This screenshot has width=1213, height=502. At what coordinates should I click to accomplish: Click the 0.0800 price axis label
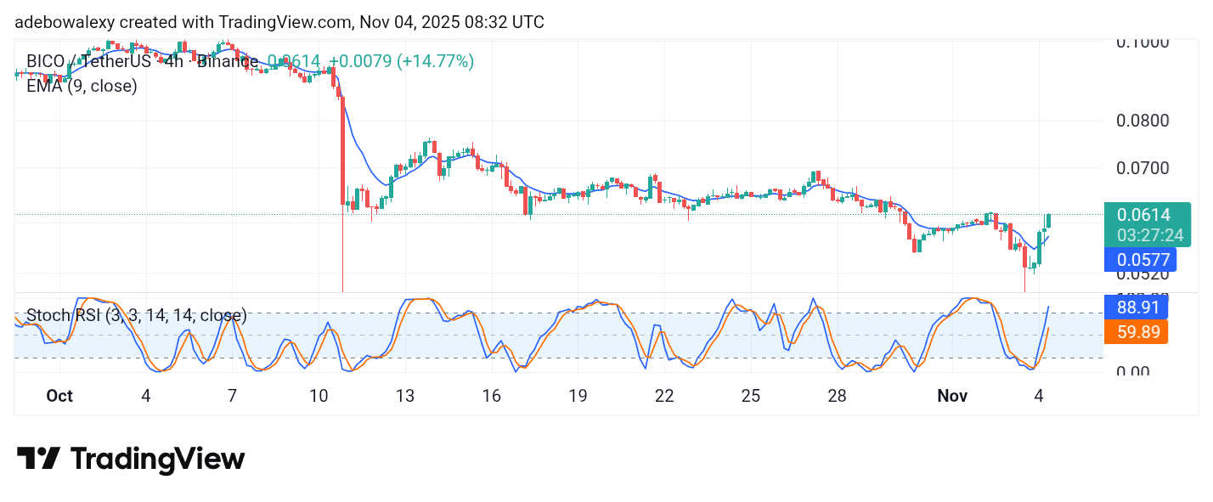pyautogui.click(x=1142, y=121)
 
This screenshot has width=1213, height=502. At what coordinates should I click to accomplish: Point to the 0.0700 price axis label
pyautogui.click(x=1142, y=167)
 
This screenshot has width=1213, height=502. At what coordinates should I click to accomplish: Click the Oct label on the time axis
pyautogui.click(x=59, y=396)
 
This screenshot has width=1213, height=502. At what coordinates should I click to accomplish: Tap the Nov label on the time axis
pyautogui.click(x=952, y=396)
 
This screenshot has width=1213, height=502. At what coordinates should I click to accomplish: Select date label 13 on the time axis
pyautogui.click(x=405, y=396)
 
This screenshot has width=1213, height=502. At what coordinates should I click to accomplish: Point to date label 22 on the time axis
pyautogui.click(x=664, y=396)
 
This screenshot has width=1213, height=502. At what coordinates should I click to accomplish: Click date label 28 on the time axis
pyautogui.click(x=838, y=396)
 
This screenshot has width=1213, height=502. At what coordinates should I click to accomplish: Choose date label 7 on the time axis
pyautogui.click(x=232, y=396)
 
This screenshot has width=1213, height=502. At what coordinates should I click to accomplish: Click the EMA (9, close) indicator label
pyautogui.click(x=82, y=86)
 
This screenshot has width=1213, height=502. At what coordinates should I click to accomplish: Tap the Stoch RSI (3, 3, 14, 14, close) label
pyautogui.click(x=137, y=316)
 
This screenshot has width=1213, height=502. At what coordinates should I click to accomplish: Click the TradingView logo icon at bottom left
pyautogui.click(x=38, y=460)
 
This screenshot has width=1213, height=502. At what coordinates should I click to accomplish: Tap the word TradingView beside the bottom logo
pyautogui.click(x=157, y=460)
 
